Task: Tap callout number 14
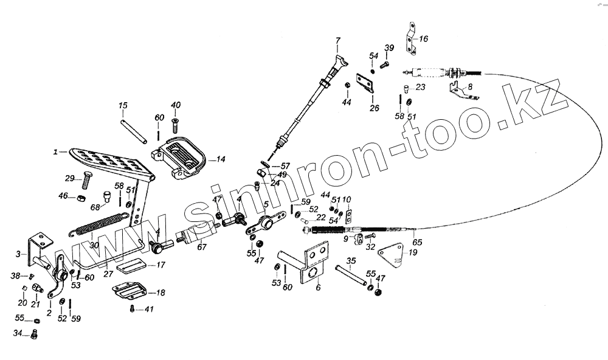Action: pos(221,160)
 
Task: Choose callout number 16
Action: pos(423,38)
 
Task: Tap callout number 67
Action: pos(201,246)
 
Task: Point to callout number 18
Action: pos(161,292)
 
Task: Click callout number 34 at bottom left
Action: pos(18,333)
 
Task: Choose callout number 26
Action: pos(375,108)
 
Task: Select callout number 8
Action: pos(469,87)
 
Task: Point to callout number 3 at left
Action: pos(18,254)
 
